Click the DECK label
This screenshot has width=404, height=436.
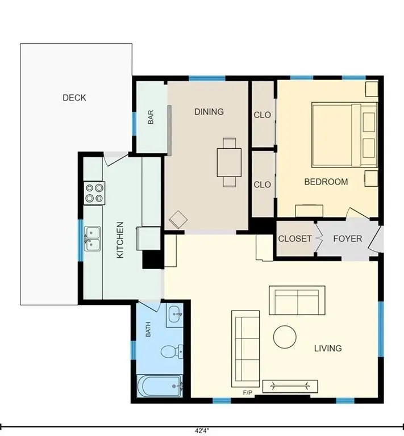point(74,98)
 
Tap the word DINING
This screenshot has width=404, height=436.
point(209,112)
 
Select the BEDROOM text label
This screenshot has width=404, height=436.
point(326,182)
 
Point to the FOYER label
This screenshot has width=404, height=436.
point(348,238)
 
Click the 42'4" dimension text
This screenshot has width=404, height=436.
point(202,431)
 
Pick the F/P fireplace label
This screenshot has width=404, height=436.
point(248,393)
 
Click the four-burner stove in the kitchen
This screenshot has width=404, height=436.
point(94,193)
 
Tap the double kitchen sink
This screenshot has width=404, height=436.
point(93,239)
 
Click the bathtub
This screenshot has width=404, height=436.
point(160,386)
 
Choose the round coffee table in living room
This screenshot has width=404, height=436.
point(285,337)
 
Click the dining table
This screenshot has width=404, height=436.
point(229,163)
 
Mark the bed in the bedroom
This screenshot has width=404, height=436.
point(344,135)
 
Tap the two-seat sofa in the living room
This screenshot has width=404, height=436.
point(297,300)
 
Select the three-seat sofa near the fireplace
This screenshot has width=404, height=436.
point(245,349)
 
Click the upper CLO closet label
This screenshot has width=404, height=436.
point(263,115)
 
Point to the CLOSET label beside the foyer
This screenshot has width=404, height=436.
point(295,238)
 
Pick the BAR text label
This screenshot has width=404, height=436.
point(151,117)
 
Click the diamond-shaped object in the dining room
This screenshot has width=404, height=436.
point(178,220)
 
